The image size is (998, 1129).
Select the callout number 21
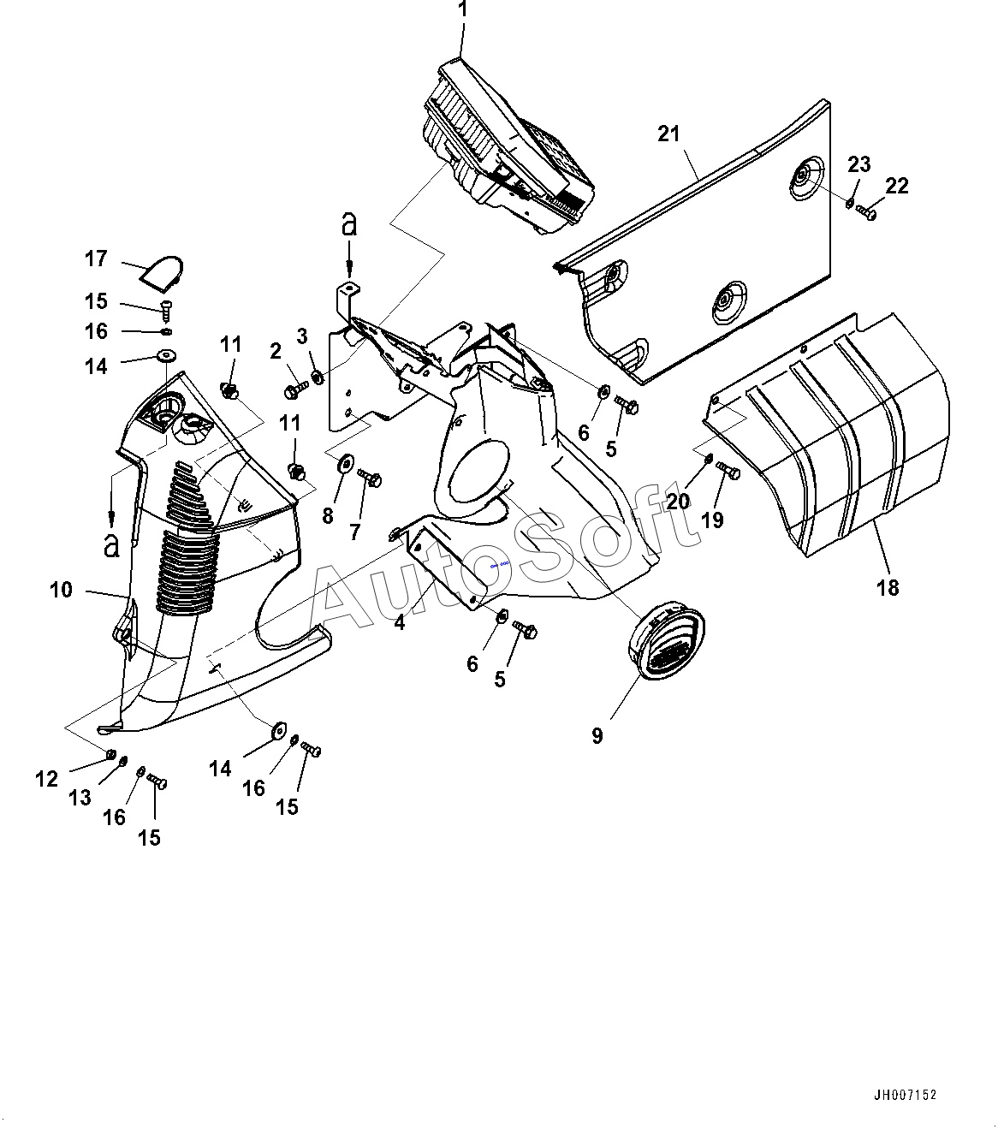[668, 134]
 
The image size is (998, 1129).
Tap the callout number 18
[888, 587]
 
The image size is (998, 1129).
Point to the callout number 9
[597, 735]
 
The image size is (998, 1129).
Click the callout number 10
[62, 590]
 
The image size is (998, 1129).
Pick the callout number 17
[96, 258]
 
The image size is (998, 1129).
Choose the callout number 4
[400, 623]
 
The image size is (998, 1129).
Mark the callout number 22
[897, 185]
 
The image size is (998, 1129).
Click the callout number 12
[46, 779]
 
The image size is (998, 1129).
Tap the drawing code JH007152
[906, 1095]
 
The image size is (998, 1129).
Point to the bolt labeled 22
[865, 211]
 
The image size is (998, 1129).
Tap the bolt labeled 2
[294, 391]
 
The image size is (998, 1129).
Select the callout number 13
[80, 798]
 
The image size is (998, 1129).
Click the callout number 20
[678, 502]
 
